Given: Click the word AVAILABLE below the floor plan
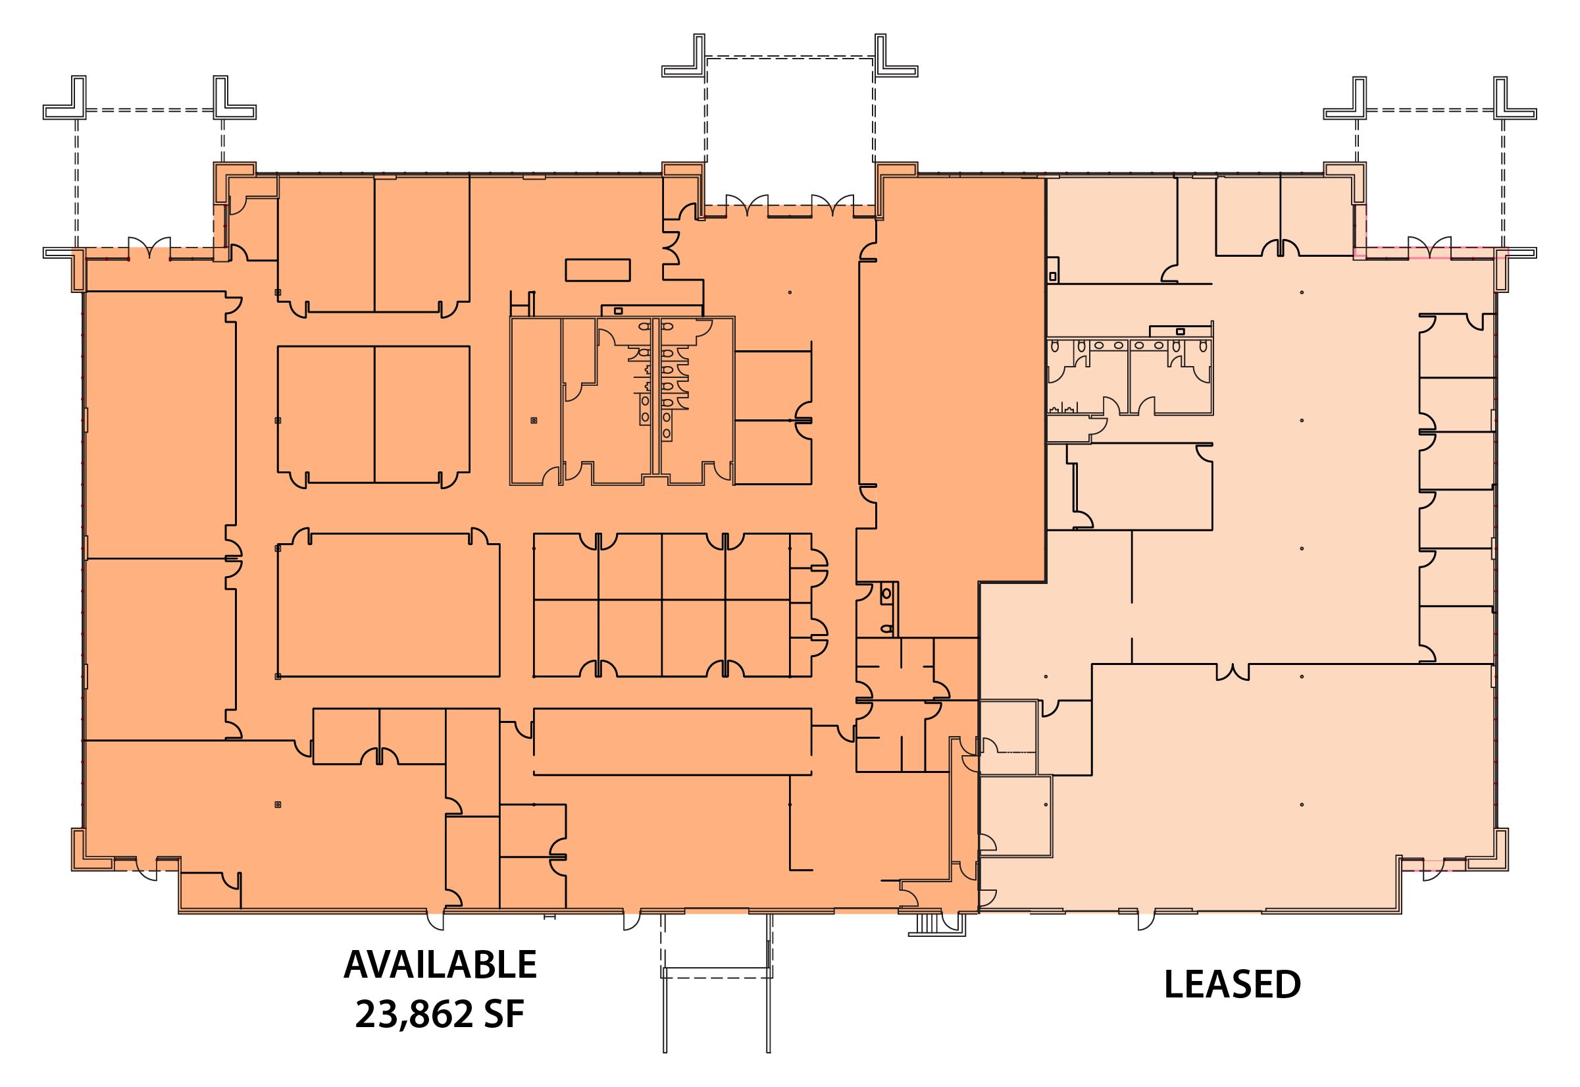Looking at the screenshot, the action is pyautogui.click(x=440, y=965).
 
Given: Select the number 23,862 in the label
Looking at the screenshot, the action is pyautogui.click(x=414, y=1015).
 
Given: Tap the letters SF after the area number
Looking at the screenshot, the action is pyautogui.click(x=504, y=1015).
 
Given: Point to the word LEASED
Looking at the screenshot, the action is pyautogui.click(x=1232, y=984).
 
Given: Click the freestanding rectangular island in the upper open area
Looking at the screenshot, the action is pyautogui.click(x=598, y=270).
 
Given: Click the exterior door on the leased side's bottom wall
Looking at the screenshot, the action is pyautogui.click(x=1146, y=920).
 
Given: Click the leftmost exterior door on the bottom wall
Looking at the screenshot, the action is pyautogui.click(x=436, y=920).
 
